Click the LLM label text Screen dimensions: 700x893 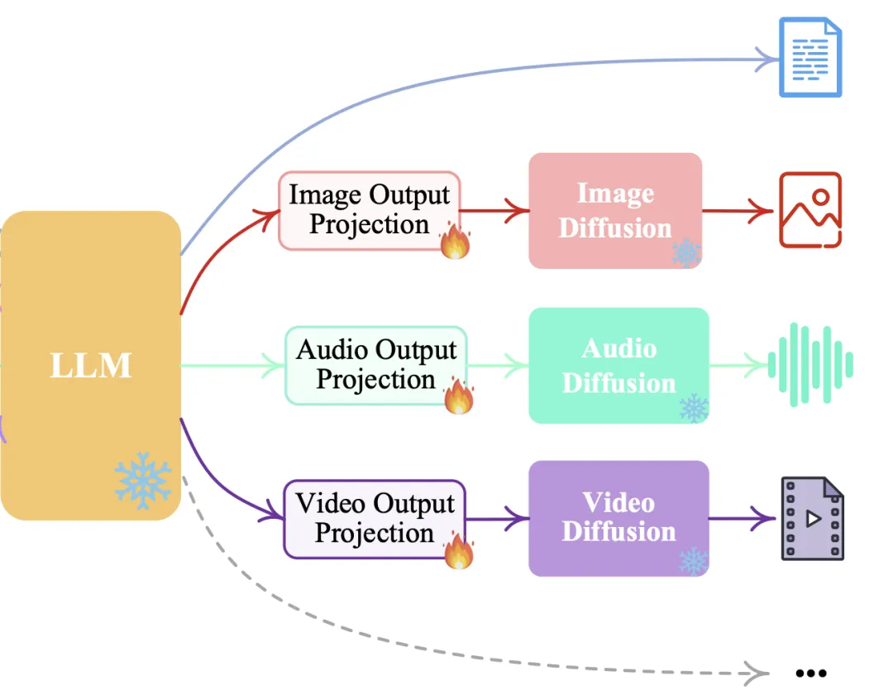[x=91, y=365]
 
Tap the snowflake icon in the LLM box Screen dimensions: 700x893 [x=143, y=479]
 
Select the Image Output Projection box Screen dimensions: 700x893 [x=369, y=209]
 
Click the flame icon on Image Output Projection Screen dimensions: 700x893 [x=455, y=242]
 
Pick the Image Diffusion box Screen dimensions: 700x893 [x=615, y=210]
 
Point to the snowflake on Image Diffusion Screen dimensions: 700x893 [x=686, y=252]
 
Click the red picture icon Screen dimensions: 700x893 [x=810, y=210]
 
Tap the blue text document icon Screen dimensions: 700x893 [x=810, y=58]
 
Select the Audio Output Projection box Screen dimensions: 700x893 [x=375, y=365]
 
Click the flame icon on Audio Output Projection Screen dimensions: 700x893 [x=459, y=396]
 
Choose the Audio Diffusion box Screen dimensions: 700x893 [x=618, y=365]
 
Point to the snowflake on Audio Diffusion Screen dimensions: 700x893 [x=693, y=407]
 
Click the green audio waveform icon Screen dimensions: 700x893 [x=810, y=365]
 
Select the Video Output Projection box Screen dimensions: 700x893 [x=375, y=519]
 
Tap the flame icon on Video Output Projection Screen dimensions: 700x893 [x=459, y=551]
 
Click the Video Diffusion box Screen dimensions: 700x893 [x=618, y=518]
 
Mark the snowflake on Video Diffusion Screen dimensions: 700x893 [x=693, y=560]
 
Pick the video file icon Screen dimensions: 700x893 [x=813, y=519]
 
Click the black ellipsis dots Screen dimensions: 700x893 [x=810, y=674]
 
